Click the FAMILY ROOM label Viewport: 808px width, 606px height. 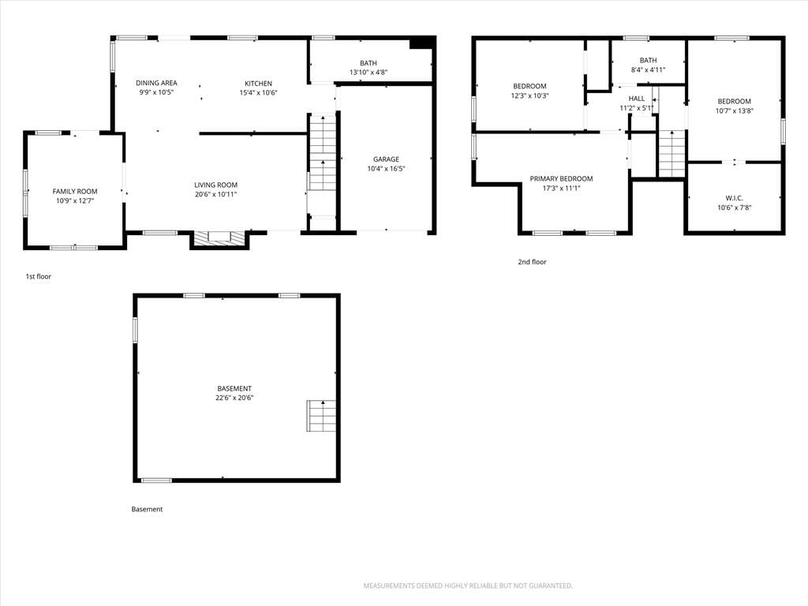(x=75, y=191)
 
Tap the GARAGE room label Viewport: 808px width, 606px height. (x=386, y=159)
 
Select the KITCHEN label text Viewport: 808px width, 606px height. (x=258, y=84)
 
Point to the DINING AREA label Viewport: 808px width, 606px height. (x=156, y=83)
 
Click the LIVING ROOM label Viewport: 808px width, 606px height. (x=216, y=185)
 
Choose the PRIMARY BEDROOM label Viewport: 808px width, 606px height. (x=561, y=179)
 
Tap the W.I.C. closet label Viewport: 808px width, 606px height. (x=735, y=198)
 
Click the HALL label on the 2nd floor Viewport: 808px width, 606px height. (x=637, y=99)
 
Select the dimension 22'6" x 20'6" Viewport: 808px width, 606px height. (x=234, y=398)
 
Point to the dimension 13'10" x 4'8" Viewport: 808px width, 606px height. (x=368, y=73)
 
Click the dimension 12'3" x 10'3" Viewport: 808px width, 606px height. (x=529, y=95)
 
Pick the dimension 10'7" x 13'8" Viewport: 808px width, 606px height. (x=735, y=110)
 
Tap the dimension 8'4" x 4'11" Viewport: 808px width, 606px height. (x=649, y=70)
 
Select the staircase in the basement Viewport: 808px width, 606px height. (x=322, y=416)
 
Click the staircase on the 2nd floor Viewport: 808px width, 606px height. (x=672, y=154)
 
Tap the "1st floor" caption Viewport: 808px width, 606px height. (x=39, y=277)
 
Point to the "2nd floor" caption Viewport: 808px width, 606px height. (x=533, y=262)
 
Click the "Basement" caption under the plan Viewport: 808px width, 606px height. (x=147, y=509)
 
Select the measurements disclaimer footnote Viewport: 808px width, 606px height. (x=468, y=586)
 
